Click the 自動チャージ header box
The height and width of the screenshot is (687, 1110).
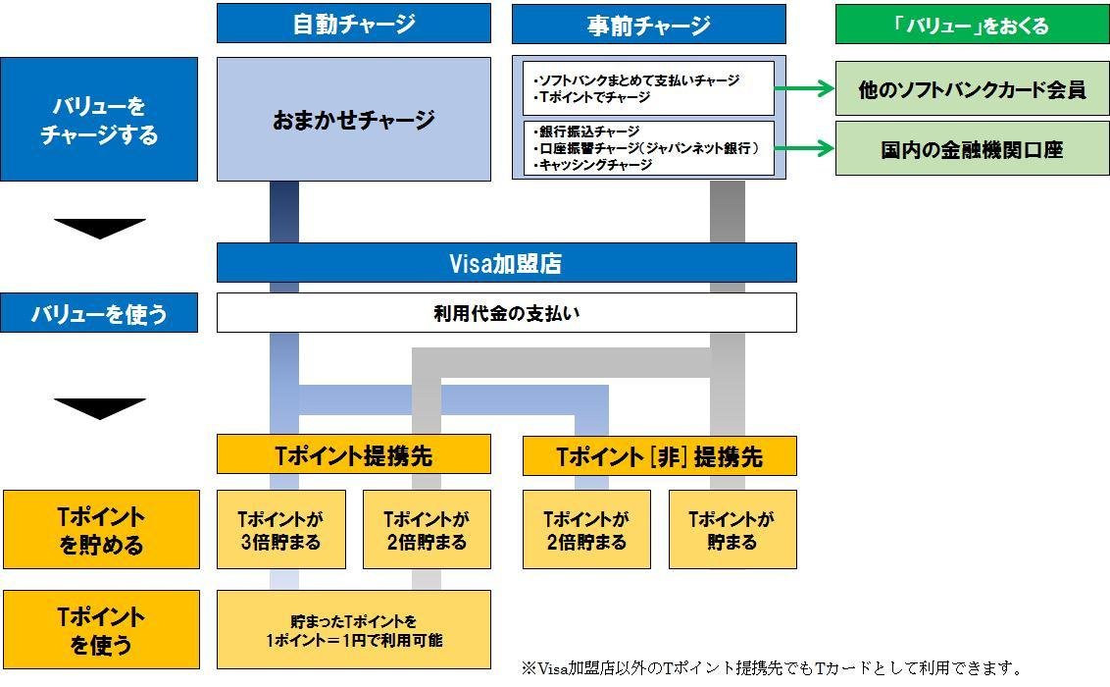pos(353,24)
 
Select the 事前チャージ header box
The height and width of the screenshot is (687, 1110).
pos(648,25)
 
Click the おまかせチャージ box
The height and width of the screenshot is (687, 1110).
pos(353,120)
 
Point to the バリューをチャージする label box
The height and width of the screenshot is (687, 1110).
pos(99,120)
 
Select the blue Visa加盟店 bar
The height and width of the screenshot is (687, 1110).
pos(506,263)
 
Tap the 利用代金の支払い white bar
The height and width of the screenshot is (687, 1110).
pos(506,313)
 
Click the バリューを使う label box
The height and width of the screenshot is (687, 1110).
pos(99,313)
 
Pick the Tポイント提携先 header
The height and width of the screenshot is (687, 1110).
pos(353,456)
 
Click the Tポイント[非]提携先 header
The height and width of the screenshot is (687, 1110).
pos(659,456)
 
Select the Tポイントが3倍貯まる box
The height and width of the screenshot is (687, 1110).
pos(280,530)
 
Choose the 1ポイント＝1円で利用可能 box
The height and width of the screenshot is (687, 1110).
pos(353,630)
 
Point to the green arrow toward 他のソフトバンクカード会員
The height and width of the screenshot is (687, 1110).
pos(804,88)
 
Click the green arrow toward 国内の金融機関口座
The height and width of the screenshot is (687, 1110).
pos(804,149)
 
